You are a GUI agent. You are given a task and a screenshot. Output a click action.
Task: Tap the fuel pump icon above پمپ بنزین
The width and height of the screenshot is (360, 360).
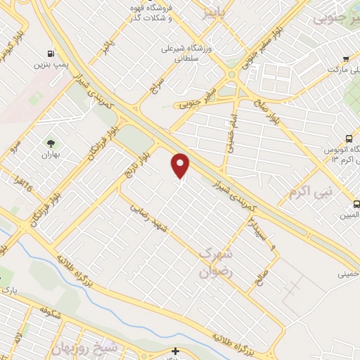click(x=50, y=53)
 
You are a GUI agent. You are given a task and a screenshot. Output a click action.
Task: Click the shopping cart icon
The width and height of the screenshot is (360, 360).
click(x=345, y=59)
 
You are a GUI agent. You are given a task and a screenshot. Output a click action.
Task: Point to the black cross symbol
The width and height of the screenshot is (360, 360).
click(x=175, y=351)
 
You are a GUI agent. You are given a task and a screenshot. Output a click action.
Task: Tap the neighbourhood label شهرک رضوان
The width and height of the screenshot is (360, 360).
click(x=215, y=262)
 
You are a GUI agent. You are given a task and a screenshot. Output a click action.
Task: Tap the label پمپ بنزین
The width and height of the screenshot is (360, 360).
click(x=49, y=65)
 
